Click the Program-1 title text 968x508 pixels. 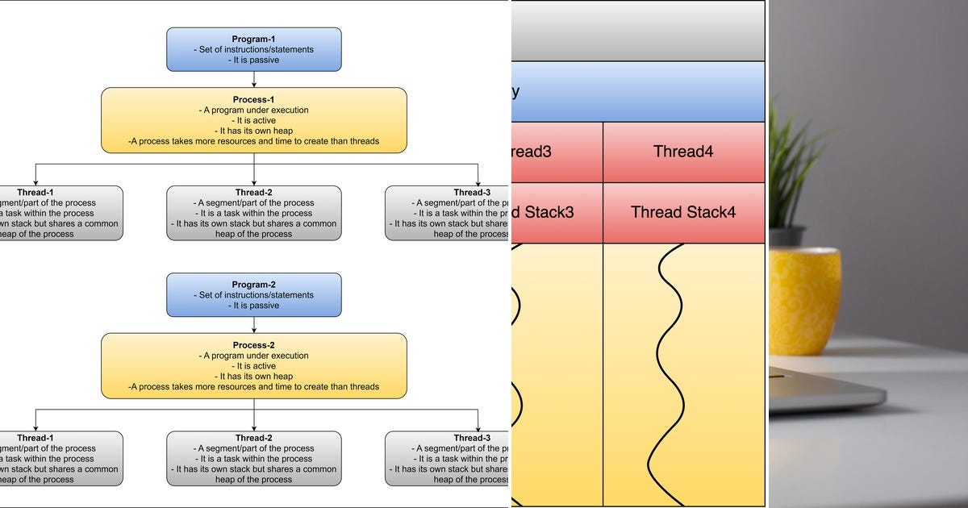(x=253, y=39)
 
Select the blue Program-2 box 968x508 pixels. (x=253, y=295)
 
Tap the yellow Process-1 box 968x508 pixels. (x=253, y=120)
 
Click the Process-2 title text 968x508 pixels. (x=253, y=345)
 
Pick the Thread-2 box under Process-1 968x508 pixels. (x=253, y=214)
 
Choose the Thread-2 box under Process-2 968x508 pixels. (x=253, y=459)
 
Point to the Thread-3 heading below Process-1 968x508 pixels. (x=472, y=193)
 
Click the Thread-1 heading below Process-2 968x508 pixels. (x=35, y=438)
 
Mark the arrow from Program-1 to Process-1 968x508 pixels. (x=254, y=79)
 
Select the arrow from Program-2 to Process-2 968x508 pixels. (x=254, y=325)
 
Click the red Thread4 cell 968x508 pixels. (x=683, y=152)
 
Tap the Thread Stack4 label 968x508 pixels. (x=683, y=213)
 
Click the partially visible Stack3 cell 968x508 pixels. (x=557, y=213)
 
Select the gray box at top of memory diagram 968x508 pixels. (x=637, y=31)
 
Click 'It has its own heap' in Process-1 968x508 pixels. (x=253, y=131)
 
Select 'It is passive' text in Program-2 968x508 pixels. (x=253, y=306)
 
